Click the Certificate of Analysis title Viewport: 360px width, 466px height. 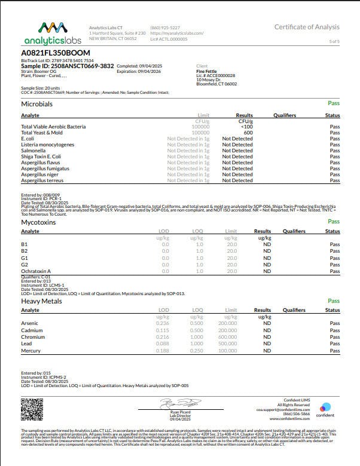click(x=307, y=27)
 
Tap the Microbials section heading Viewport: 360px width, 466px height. click(x=36, y=104)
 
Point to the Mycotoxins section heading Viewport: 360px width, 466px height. click(x=38, y=222)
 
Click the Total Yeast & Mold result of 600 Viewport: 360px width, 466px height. click(x=245, y=133)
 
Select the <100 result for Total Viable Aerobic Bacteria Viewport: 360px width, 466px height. click(x=245, y=127)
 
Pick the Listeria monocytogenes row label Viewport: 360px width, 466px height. click(x=47, y=145)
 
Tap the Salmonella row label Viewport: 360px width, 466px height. click(x=34, y=151)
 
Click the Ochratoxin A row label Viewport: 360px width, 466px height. click(x=36, y=271)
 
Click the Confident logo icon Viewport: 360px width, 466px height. click(x=325, y=407)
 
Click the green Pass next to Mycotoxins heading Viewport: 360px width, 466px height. click(x=333, y=222)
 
